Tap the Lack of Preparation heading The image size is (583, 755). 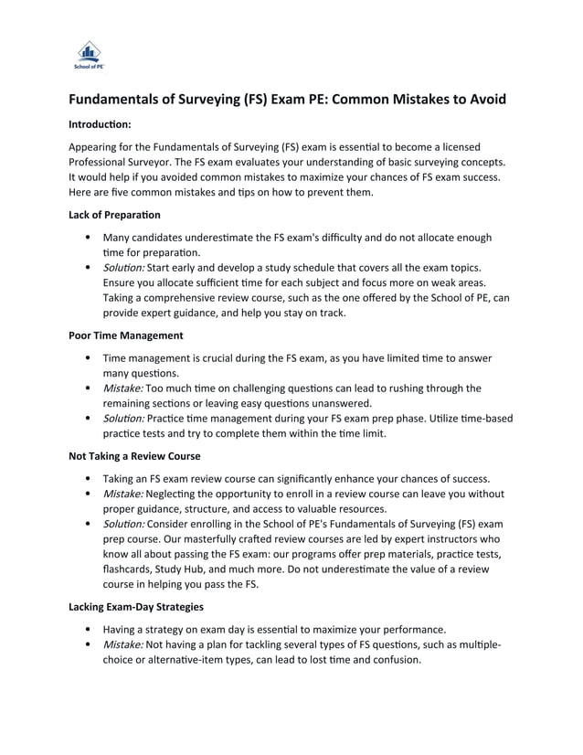click(114, 215)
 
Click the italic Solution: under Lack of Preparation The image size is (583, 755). click(124, 268)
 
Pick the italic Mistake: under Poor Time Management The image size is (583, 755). click(122, 388)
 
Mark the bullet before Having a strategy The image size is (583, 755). click(87, 629)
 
